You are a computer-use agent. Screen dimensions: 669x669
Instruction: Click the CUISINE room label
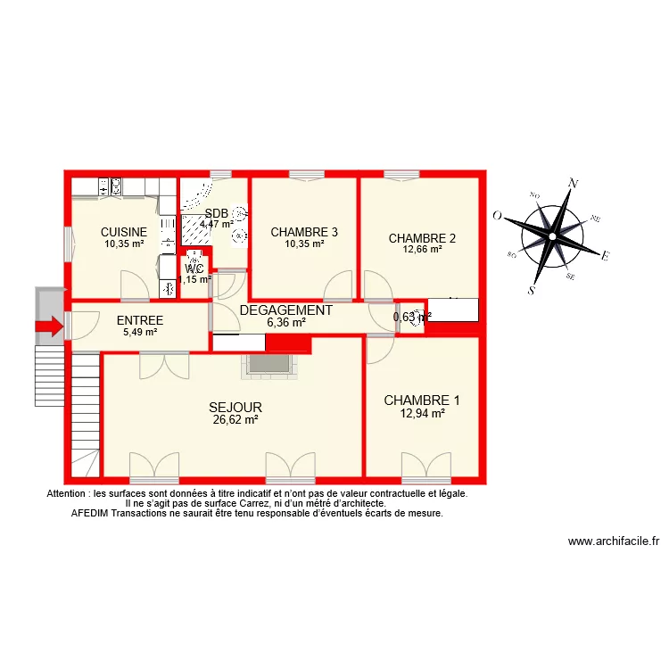124,232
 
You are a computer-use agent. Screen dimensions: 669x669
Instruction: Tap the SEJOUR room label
235,407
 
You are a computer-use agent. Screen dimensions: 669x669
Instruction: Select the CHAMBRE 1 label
422,401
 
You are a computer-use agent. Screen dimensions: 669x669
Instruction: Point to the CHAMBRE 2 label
423,238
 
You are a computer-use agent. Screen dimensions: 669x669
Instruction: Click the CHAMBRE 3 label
304,232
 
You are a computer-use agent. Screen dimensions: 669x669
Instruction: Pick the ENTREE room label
139,320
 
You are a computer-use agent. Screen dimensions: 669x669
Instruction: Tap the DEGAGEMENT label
285,310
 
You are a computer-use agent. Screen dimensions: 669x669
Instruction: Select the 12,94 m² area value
422,413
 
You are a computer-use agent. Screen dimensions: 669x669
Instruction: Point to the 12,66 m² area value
423,250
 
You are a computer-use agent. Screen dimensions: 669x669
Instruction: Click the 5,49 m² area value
139,332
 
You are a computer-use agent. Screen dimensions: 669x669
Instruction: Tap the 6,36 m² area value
285,322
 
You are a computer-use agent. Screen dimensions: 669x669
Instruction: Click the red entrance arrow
50,326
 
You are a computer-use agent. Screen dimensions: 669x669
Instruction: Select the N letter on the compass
574,184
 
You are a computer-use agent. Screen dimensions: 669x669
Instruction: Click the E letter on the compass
605,257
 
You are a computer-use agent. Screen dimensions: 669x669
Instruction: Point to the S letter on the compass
532,290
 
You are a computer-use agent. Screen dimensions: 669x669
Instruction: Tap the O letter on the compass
497,215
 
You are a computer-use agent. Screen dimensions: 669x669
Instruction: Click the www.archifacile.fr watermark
614,541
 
